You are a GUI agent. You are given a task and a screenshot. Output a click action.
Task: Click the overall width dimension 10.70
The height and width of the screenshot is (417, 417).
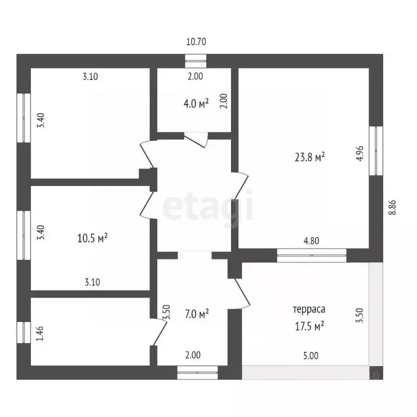(197, 41)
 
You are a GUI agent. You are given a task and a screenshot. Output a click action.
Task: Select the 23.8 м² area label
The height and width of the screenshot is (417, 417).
(309, 157)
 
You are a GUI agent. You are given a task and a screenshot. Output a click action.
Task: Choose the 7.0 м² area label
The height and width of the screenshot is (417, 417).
(196, 314)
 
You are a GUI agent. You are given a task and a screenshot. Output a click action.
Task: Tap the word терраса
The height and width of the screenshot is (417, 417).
(308, 310)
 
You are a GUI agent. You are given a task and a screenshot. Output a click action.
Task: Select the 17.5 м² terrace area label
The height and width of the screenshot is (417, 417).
(308, 326)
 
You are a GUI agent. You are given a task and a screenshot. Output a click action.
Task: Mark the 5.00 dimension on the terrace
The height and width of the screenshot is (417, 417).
(311, 356)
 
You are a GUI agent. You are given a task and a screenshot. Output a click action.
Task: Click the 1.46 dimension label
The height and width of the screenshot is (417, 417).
(39, 332)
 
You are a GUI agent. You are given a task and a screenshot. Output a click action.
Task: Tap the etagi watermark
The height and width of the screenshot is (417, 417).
(208, 207)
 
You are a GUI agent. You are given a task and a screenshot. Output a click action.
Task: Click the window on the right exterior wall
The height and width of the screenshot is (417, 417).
(374, 151)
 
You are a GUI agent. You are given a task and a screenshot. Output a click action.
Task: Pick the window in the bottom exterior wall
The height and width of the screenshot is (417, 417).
(197, 372)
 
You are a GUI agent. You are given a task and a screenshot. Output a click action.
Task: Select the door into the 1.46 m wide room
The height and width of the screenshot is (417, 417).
(159, 331)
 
